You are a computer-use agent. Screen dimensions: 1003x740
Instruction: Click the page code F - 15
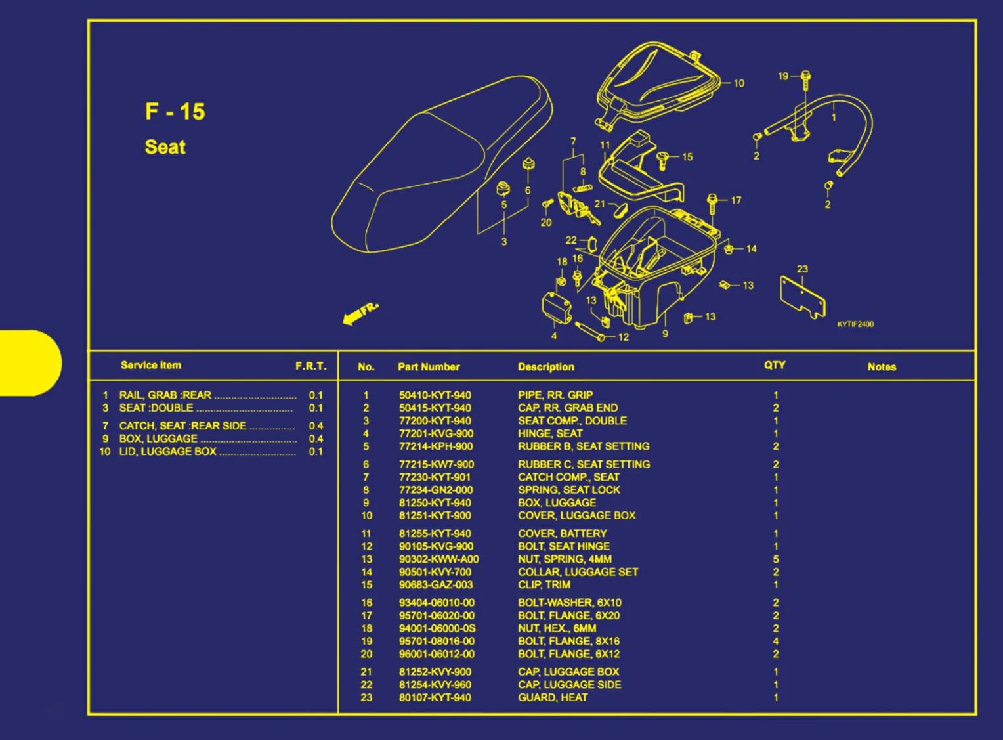(x=175, y=111)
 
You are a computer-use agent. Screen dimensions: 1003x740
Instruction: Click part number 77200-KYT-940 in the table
(x=435, y=421)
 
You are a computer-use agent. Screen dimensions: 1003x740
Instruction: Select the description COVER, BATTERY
(x=563, y=534)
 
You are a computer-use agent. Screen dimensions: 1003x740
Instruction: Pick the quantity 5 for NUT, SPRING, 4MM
(x=776, y=559)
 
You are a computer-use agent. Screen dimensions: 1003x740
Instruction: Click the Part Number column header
(x=429, y=367)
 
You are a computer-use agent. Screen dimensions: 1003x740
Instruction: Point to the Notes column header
(x=882, y=367)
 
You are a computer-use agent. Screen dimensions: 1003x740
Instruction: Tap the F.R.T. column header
(x=310, y=366)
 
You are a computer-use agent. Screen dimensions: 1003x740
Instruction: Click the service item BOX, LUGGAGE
(x=158, y=439)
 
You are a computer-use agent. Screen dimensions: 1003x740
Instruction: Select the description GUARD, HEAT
(x=553, y=697)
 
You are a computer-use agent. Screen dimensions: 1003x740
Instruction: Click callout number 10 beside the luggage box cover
(x=739, y=83)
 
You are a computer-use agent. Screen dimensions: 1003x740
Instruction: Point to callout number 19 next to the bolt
(x=782, y=76)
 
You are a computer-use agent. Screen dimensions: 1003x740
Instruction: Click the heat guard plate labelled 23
(x=801, y=297)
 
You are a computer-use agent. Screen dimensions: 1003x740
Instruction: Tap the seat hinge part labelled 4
(x=556, y=307)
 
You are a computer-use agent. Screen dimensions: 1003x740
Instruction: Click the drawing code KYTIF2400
(x=855, y=324)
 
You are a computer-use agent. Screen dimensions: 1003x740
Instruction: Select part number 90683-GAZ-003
(x=436, y=584)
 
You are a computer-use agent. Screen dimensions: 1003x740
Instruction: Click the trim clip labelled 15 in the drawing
(x=663, y=160)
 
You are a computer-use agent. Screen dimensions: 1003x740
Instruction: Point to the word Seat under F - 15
(x=165, y=147)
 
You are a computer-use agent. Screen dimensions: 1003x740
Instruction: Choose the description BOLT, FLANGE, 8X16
(x=568, y=641)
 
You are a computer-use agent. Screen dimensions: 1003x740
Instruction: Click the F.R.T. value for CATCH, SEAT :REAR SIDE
(x=316, y=425)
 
